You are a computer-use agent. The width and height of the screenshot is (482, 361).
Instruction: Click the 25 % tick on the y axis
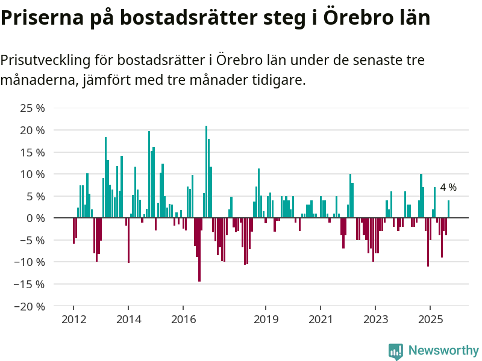[x=33, y=108]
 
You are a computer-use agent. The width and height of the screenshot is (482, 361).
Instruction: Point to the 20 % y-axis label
[x=33, y=130]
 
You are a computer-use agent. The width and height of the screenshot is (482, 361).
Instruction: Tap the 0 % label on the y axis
[x=35, y=218]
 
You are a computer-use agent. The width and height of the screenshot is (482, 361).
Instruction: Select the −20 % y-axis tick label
[x=30, y=306]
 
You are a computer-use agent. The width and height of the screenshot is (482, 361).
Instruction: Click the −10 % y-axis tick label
[x=30, y=262]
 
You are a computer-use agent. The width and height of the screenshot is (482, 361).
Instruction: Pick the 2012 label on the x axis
[x=74, y=319]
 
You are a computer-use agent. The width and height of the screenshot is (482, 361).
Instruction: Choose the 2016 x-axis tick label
[x=183, y=319]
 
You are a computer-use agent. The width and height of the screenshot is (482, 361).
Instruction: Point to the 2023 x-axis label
[x=375, y=319]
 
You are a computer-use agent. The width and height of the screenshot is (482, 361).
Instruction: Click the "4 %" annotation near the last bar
[x=448, y=188]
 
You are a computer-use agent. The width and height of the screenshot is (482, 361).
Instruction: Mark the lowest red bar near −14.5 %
[x=199, y=249]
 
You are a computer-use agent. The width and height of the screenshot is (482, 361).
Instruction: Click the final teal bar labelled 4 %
[x=448, y=209]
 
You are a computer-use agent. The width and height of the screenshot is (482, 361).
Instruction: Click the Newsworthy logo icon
[x=396, y=351]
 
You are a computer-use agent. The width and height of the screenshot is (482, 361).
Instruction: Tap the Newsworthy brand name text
[x=443, y=351]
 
